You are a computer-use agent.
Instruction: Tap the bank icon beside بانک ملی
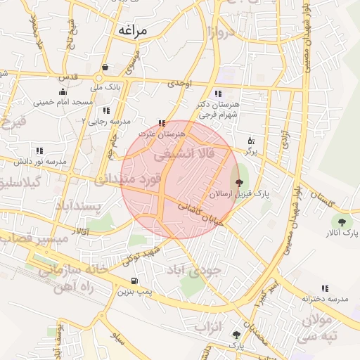coord(105,68)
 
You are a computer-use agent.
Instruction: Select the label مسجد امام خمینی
coord(67,102)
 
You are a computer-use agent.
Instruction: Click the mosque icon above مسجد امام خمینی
coord(63,91)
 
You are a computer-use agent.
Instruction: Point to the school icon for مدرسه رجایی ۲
coord(106,110)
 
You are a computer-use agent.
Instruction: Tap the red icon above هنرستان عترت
coord(162,123)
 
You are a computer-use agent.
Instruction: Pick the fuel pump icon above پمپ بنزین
coord(133,280)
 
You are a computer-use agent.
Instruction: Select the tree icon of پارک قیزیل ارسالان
coord(229,183)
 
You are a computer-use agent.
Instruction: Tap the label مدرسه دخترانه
coord(325,299)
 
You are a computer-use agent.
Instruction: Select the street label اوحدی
coord(180,84)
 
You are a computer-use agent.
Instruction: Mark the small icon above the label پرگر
coord(251,141)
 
